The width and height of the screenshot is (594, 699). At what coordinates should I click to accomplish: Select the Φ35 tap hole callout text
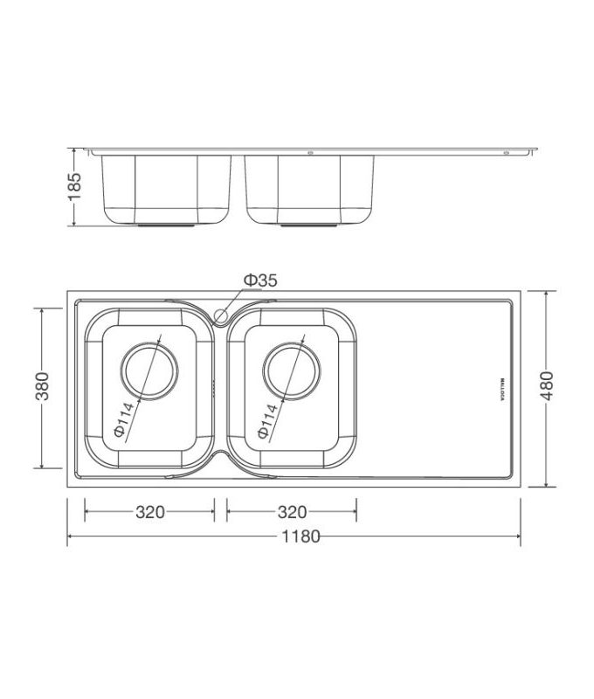259,280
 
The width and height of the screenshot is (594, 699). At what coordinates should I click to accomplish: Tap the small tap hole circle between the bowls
221,315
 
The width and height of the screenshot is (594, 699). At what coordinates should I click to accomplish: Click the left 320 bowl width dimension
149,512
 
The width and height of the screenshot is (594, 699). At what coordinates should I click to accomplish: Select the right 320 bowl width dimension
292,512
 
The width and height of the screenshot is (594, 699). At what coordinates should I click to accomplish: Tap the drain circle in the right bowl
291,368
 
